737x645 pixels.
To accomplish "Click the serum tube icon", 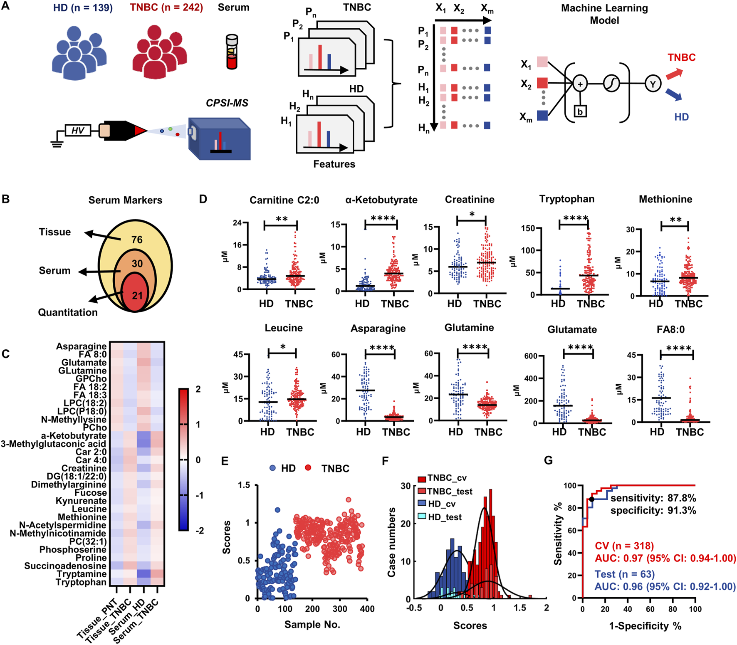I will point(232,52).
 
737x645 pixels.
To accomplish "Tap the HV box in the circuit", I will point(78,131).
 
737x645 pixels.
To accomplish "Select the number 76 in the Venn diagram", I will point(137,240).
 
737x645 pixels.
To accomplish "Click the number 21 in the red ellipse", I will point(137,296).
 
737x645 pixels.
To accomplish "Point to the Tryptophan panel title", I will point(566,199).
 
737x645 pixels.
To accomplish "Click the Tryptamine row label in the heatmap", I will point(82,574).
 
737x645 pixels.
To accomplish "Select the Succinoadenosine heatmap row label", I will point(65,566).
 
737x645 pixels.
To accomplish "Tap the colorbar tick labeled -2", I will point(200,531).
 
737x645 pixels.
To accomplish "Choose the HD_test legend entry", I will point(445,517).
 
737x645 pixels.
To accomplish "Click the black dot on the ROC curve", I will point(592,499).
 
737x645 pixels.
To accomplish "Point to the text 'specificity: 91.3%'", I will point(653,510).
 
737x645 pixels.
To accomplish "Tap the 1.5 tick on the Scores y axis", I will point(245,485).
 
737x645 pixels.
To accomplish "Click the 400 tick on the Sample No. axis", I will point(367,609).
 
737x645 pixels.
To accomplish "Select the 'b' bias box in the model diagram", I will point(580,111).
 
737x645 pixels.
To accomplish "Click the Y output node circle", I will point(653,84).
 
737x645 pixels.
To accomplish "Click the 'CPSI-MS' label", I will point(227,103).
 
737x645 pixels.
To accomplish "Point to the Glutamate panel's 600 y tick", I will point(531,356).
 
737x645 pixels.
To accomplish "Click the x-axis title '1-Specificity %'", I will point(645,626).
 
